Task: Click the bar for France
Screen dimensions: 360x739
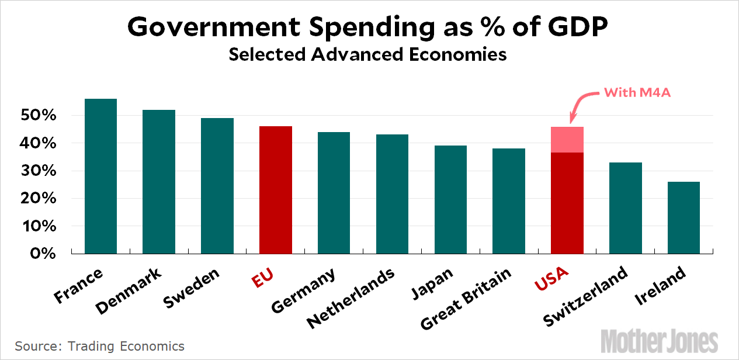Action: point(100,176)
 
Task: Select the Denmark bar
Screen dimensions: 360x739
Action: point(159,182)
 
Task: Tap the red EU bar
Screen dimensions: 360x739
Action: point(276,190)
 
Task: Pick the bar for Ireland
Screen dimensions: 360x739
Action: point(684,217)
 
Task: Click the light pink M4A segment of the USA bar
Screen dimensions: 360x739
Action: point(567,140)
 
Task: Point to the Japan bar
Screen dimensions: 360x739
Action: point(450,199)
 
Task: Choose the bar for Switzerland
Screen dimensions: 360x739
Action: point(626,208)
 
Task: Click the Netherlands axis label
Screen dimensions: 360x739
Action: point(351,297)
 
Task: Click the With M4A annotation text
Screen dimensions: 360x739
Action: point(636,92)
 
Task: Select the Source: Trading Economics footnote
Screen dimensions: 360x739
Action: point(100,346)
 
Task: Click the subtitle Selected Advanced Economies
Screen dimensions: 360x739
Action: point(367,54)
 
